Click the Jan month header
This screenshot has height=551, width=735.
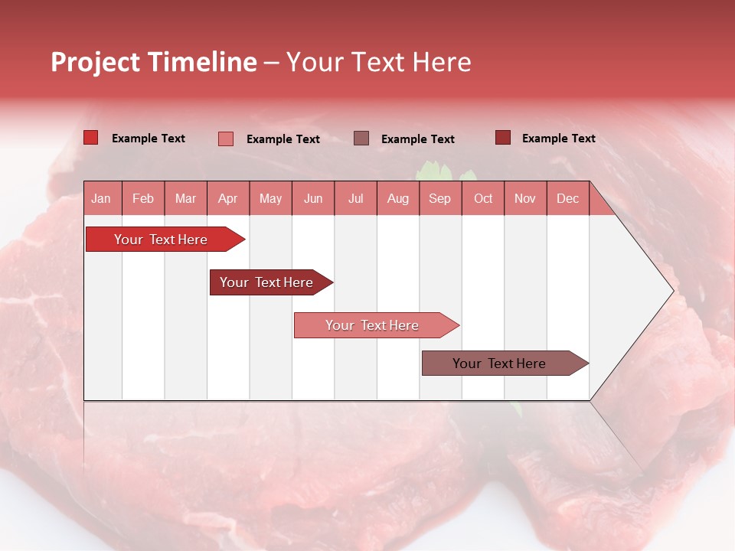click(x=101, y=198)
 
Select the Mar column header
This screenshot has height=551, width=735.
click(x=185, y=198)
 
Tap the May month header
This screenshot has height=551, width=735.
click(x=270, y=198)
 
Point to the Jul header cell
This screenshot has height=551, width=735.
click(x=355, y=198)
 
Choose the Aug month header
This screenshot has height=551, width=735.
click(x=397, y=198)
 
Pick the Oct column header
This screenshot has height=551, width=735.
click(x=482, y=198)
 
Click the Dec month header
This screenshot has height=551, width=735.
click(x=567, y=198)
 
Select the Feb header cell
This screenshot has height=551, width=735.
click(x=143, y=198)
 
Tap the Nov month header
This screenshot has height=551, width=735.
click(x=524, y=198)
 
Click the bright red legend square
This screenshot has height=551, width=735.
click(x=90, y=138)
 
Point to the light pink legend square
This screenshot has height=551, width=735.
click(x=225, y=139)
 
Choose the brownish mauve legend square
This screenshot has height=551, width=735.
click(x=361, y=138)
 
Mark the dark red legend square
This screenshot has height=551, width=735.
click(x=502, y=138)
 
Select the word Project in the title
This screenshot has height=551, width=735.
click(x=95, y=62)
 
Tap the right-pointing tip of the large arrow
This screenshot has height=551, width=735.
click(x=671, y=290)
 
